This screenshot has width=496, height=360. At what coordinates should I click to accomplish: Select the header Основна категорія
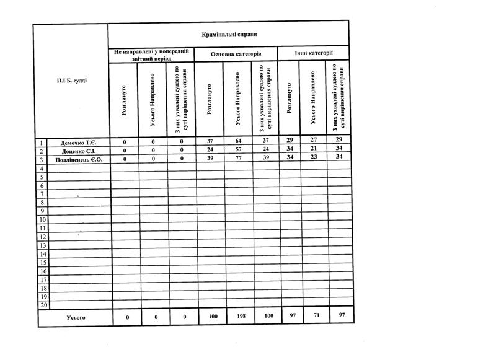pos(236,55)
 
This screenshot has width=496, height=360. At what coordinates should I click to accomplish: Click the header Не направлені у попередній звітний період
pos(151,54)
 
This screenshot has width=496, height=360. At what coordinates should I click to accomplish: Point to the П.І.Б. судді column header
pos(72,81)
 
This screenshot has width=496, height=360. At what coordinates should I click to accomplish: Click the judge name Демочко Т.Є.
pos(78,142)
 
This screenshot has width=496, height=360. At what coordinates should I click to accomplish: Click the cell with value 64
pos(239,142)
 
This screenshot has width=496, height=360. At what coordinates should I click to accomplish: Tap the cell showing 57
pos(239,151)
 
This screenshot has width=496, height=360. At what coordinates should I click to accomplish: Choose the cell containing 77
pos(239,159)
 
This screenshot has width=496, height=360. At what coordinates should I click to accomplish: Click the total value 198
pos(239,317)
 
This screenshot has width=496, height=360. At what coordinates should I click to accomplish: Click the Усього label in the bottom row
pos(76,317)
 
